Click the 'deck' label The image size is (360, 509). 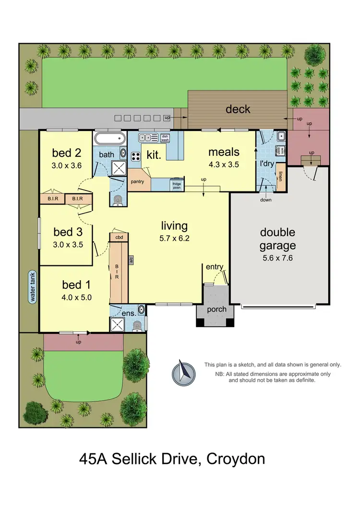coord(238,109)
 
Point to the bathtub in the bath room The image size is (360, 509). coord(109,140)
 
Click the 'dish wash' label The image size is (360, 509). coord(165,137)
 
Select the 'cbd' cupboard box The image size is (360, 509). coord(119,237)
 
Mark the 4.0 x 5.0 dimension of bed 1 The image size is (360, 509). coord(76,297)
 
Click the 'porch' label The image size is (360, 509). coord(216,309)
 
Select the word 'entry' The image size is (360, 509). coord(215,267)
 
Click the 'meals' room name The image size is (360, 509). coord(223,152)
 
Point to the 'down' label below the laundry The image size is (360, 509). coord(266,200)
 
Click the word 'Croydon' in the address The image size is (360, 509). coord(235,459)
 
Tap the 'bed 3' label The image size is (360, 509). coord(68,232)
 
